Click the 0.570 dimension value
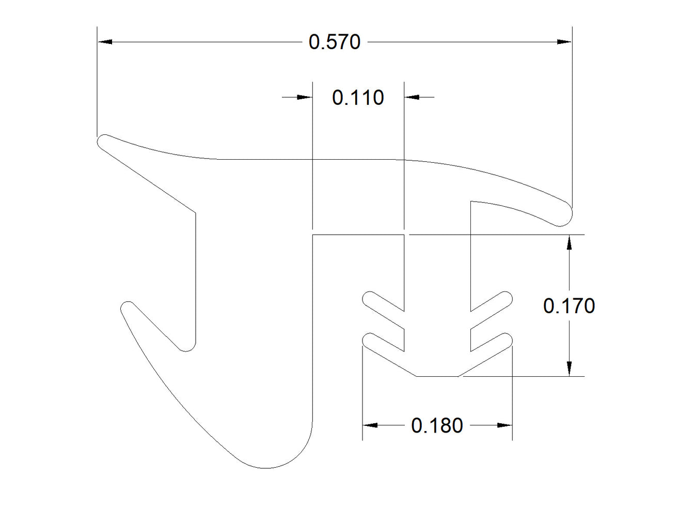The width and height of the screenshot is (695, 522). [x=334, y=42]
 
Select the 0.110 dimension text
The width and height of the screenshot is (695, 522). [x=358, y=98]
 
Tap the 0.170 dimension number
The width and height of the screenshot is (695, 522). [x=569, y=306]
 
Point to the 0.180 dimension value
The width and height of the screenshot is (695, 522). [x=437, y=425]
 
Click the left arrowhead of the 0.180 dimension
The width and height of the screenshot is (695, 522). [x=370, y=425]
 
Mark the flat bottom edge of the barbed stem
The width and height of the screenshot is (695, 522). [x=437, y=376]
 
